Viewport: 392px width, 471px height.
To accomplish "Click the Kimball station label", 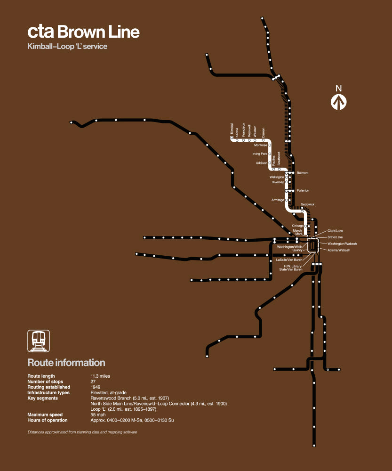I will point(232,130).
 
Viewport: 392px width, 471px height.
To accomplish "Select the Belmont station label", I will point(303,173).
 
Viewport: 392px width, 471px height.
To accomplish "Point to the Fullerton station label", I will point(303,190).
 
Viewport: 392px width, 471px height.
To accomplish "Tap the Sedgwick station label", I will point(307,204).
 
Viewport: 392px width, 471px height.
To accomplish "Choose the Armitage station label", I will point(278,200).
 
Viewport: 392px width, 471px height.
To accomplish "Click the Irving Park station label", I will point(260,154).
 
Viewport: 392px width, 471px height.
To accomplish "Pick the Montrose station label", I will point(260,145).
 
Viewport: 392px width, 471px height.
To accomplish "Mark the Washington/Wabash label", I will point(342,244).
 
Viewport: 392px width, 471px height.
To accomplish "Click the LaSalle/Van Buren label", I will point(290,260).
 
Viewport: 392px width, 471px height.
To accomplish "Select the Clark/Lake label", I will point(335,231).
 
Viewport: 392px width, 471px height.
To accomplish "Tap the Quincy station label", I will point(297,250).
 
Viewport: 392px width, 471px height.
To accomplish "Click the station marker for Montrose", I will point(270,145).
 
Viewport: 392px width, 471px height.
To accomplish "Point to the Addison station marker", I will point(270,162).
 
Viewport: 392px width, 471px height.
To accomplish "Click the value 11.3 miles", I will point(100,376).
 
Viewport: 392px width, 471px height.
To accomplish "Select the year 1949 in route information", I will point(96,387).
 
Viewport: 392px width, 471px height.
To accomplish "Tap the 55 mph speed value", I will point(98,414).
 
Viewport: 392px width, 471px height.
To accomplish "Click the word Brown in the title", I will point(83,32).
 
